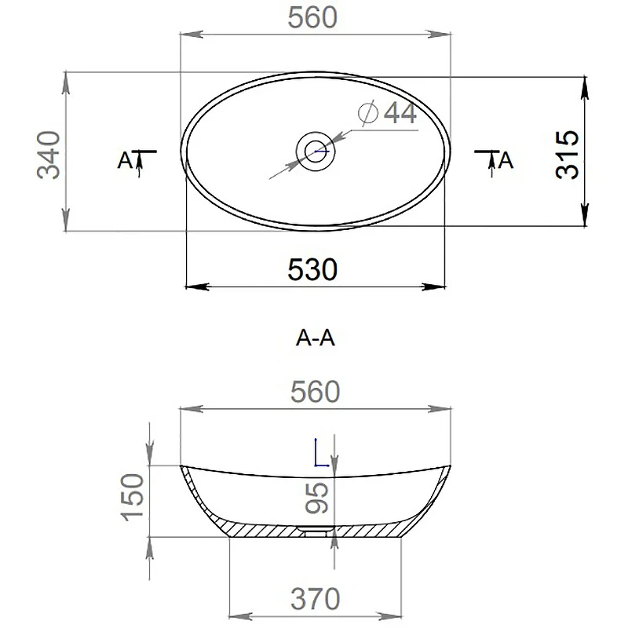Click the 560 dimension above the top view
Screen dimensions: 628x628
pos(312,18)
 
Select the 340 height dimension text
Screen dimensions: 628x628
pos(49,155)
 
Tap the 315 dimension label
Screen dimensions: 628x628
pos(567,155)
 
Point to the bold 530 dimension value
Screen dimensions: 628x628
pos(312,269)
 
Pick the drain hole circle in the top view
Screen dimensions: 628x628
pos(316,152)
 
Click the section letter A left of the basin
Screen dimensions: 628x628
pos(125,161)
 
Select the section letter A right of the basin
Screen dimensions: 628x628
pos(506,161)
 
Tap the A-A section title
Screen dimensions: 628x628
pos(316,338)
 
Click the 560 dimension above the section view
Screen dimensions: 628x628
pos(316,392)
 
